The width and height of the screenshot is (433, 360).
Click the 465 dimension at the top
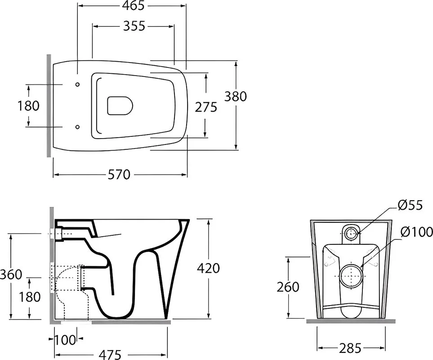click(x=133, y=5)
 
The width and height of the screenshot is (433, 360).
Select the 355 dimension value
click(x=134, y=26)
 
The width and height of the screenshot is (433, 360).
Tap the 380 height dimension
click(x=235, y=96)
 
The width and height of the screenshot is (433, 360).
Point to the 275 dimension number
click(x=206, y=107)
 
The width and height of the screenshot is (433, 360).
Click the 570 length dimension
click(x=119, y=175)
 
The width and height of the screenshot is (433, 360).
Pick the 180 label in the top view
click(x=28, y=106)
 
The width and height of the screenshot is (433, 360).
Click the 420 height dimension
click(x=208, y=268)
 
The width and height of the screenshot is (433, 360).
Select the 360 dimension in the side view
click(x=11, y=274)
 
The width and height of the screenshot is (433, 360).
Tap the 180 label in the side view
click(x=30, y=297)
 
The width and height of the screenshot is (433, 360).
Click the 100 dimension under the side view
click(x=65, y=340)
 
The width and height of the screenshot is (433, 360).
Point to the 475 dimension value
click(x=110, y=355)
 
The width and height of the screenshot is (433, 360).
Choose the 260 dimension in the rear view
click(x=288, y=287)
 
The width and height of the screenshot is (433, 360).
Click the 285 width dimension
click(x=350, y=348)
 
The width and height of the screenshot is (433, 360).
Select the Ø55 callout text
click(x=411, y=205)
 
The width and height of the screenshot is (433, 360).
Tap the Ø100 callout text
click(x=417, y=232)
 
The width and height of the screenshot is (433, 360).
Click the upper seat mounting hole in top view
click(x=78, y=84)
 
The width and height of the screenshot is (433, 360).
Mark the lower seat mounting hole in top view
click(x=78, y=127)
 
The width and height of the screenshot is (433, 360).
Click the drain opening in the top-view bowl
click(x=120, y=106)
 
